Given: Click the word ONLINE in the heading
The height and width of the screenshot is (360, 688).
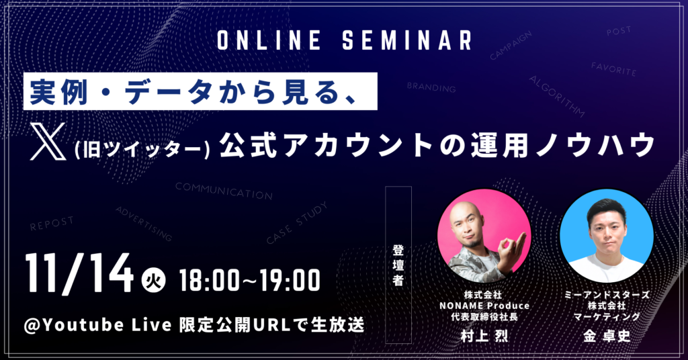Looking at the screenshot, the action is (x=269, y=40).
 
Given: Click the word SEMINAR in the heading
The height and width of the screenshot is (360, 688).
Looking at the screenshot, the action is (x=406, y=40).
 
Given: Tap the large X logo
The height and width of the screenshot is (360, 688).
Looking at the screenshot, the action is (x=48, y=141).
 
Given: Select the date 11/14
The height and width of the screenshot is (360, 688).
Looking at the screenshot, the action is (x=79, y=274).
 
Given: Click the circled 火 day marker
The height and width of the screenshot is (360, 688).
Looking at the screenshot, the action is (x=153, y=280).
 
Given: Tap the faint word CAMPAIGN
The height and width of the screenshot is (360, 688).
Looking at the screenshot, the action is (x=511, y=45).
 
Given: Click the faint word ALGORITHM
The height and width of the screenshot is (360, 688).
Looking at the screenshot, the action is (x=557, y=97).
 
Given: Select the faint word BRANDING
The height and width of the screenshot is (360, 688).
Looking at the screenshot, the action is (x=431, y=87).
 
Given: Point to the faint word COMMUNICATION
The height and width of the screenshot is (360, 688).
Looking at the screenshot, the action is (x=224, y=191).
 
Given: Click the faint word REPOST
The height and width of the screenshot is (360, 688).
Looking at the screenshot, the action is (x=52, y=223).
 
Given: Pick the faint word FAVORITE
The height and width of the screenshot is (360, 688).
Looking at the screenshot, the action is (x=613, y=69).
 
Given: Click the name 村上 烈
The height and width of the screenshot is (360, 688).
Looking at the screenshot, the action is (x=484, y=336).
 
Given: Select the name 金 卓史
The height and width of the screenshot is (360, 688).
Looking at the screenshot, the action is (x=607, y=336).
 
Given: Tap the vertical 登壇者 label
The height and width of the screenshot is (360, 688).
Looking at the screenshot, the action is (x=398, y=265).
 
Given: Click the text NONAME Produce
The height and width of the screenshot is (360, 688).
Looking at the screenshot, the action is (x=484, y=306).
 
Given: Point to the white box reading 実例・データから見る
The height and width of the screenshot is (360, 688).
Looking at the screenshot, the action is (x=200, y=91).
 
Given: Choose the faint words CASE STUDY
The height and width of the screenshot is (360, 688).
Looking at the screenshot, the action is (x=297, y=222).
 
